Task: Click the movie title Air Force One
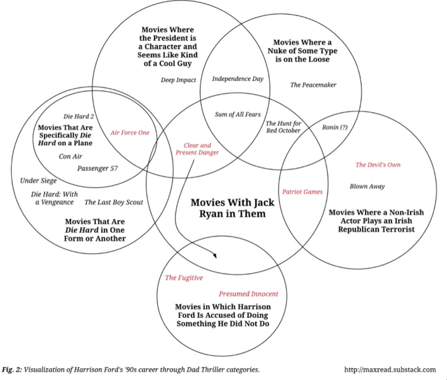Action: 130,132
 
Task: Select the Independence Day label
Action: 238,79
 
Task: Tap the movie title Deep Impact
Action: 178,80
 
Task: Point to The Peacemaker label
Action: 313,85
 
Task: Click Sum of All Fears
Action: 238,115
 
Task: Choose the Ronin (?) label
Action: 335,127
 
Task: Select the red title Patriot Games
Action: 302,192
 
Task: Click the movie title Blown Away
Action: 367,186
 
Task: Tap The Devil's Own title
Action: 378,165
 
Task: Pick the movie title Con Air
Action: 71,157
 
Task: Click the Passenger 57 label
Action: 98,168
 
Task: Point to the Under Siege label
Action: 38,181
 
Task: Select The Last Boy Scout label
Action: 114,202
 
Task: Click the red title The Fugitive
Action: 184,278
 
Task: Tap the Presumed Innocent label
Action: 249,294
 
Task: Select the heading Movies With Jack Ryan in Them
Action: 232,208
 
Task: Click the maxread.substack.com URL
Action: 390,370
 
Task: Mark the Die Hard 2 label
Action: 79,117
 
